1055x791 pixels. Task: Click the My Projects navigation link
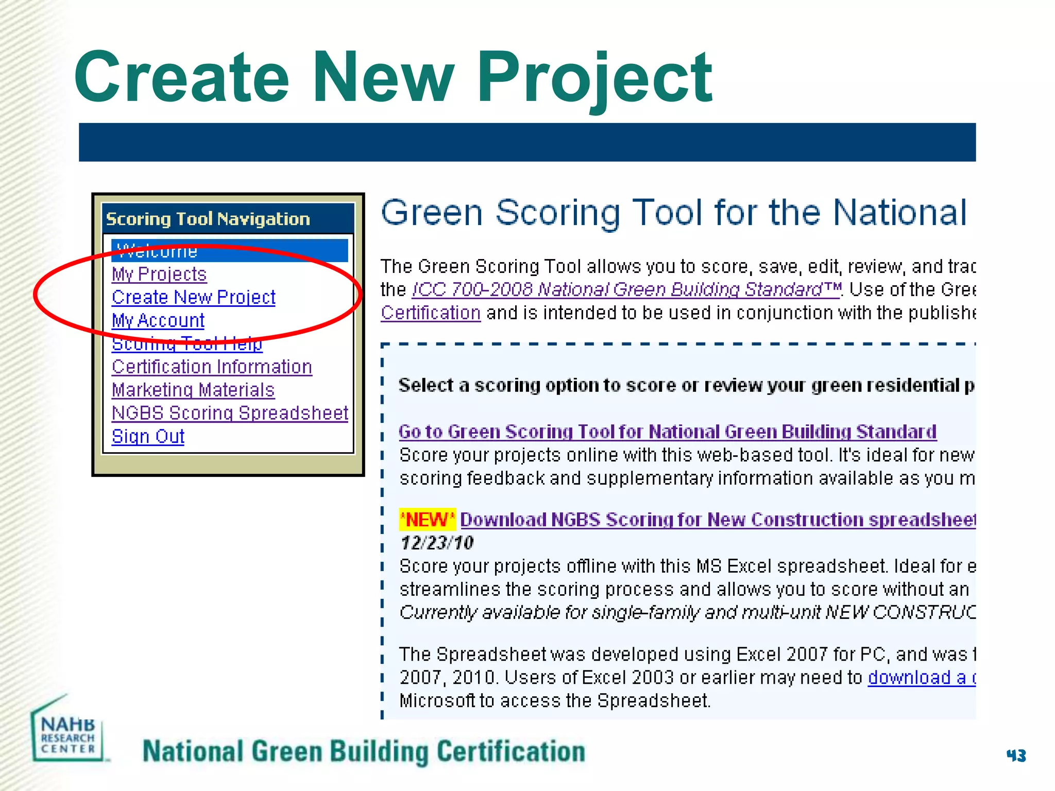click(x=159, y=274)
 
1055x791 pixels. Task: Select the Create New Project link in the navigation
click(x=194, y=297)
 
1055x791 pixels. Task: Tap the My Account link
click(x=158, y=320)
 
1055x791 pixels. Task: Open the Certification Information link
click(x=212, y=367)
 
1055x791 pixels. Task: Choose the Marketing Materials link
click(x=193, y=390)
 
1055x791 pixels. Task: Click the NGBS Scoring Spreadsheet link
click(x=230, y=413)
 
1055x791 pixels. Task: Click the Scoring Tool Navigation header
click(x=208, y=219)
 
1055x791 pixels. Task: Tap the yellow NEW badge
click(x=427, y=520)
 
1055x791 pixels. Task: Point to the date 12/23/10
click(x=437, y=543)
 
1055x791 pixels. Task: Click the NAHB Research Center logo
click(x=67, y=731)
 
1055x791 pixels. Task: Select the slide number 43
click(x=1016, y=755)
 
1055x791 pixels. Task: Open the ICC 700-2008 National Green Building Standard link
click(x=626, y=289)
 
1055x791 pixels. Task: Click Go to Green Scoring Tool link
click(x=667, y=432)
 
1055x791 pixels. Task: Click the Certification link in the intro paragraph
click(x=431, y=313)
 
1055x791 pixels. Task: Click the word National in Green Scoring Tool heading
click(x=899, y=212)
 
